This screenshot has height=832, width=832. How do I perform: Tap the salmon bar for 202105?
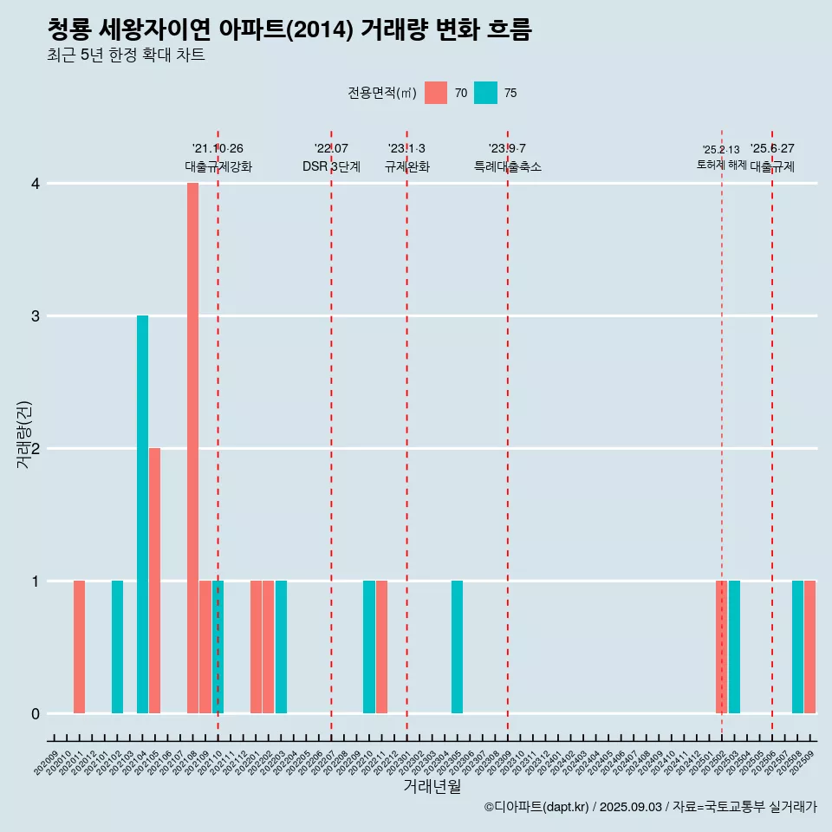[154, 581]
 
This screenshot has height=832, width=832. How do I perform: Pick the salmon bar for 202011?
[79, 647]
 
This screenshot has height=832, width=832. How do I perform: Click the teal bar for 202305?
[457, 647]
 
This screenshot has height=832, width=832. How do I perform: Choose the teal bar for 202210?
[369, 647]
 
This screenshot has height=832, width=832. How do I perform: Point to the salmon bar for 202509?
[809, 647]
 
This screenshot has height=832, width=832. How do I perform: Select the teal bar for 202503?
[734, 647]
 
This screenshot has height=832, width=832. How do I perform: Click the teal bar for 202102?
[117, 647]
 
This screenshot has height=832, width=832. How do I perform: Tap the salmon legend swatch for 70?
[436, 93]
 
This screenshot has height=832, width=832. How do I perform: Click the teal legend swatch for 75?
[485, 93]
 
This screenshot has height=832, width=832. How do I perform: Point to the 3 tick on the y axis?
[36, 315]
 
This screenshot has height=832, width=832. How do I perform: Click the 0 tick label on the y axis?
[36, 713]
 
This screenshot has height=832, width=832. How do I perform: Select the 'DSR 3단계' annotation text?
[331, 166]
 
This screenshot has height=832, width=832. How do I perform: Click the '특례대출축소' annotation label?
[507, 166]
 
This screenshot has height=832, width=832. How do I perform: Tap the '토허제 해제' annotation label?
[721, 165]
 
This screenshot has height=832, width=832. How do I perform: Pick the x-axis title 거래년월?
[432, 786]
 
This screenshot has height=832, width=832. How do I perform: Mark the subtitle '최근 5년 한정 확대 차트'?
[127, 55]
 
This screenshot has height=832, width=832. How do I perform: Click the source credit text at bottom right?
[650, 807]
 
